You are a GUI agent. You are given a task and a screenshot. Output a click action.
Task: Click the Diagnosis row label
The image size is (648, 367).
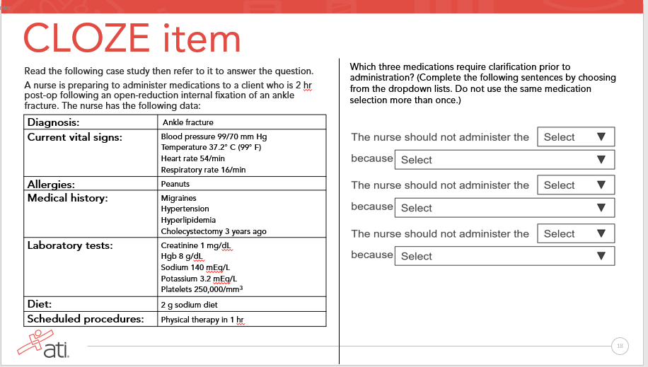[x=53, y=122]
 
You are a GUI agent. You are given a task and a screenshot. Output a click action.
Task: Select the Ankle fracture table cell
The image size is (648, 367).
[x=187, y=123]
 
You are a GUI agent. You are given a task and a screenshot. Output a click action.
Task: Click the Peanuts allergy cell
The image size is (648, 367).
[x=175, y=184]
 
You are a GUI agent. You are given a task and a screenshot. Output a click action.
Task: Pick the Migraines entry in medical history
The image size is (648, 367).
[x=178, y=198]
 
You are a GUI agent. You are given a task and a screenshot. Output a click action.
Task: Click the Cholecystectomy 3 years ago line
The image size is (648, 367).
[x=214, y=231]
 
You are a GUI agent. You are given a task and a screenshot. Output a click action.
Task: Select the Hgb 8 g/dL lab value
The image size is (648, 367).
[x=182, y=256]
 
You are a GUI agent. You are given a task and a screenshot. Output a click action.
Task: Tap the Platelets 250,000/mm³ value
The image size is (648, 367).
[x=202, y=289]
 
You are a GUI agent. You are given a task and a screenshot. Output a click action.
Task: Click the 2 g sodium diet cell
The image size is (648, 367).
[x=189, y=305]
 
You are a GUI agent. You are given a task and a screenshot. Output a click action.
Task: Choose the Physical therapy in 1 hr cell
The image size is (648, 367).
[x=202, y=319]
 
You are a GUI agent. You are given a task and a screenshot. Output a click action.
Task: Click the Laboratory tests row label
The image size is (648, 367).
[x=70, y=245]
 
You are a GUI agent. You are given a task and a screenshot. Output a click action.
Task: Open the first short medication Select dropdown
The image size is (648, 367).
[x=576, y=137]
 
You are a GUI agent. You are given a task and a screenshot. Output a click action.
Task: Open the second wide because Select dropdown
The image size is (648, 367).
[x=504, y=208]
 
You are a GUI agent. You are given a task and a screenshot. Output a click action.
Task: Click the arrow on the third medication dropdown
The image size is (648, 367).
[x=601, y=233]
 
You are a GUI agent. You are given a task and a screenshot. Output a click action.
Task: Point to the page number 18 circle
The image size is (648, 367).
[x=620, y=346]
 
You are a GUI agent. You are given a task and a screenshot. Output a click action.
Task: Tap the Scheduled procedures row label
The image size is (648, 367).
[x=84, y=319]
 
